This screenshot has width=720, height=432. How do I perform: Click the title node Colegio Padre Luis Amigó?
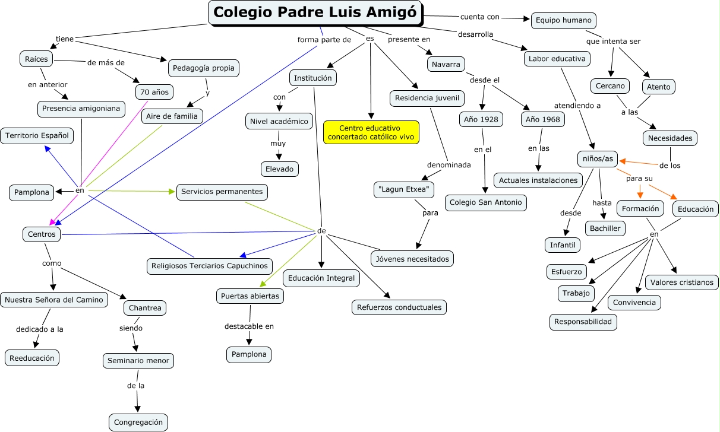pyautogui.click(x=315, y=12)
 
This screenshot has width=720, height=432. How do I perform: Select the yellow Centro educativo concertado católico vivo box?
pyautogui.click(x=371, y=132)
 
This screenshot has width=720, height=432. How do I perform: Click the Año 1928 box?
pyautogui.click(x=481, y=119)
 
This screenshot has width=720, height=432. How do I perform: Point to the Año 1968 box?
pyautogui.click(x=543, y=119)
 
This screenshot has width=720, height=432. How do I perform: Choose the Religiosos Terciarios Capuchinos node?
pyautogui.click(x=210, y=266)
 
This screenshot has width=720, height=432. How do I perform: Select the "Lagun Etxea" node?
pyautogui.click(x=404, y=190)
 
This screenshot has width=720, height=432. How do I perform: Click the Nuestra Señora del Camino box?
pyautogui.click(x=54, y=300)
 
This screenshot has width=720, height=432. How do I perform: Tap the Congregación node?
pyautogui.click(x=139, y=423)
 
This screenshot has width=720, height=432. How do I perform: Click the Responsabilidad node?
pyautogui.click(x=583, y=322)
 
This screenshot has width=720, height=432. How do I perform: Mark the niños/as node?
pyautogui.click(x=598, y=159)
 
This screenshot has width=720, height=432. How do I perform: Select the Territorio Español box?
pyautogui.click(x=37, y=135)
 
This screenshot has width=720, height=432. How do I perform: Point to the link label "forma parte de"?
pyautogui.click(x=324, y=40)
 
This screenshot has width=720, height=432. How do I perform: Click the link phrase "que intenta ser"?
pyautogui.click(x=613, y=42)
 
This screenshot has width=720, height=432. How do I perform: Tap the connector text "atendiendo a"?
pyautogui.click(x=577, y=106)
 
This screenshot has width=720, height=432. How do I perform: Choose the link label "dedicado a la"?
pyautogui.click(x=40, y=329)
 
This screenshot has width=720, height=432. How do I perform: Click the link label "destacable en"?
pyautogui.click(x=249, y=326)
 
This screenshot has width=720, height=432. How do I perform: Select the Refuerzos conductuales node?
pyautogui.click(x=399, y=307)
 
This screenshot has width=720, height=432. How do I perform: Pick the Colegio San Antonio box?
pyautogui.click(x=486, y=202)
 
